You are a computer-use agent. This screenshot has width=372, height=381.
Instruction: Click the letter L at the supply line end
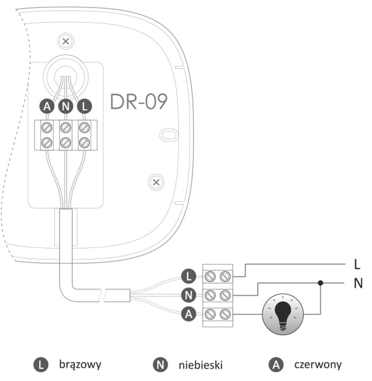(x=357, y=263)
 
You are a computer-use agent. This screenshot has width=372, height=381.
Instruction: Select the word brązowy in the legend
(x=80, y=365)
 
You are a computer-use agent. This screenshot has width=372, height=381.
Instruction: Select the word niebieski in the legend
(x=200, y=365)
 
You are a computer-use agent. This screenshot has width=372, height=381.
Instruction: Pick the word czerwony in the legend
(x=318, y=365)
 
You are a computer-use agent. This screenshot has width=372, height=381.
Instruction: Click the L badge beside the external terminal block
(x=188, y=276)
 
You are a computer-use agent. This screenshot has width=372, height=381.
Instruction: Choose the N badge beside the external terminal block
(x=188, y=295)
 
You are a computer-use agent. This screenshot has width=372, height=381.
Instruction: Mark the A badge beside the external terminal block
(x=188, y=314)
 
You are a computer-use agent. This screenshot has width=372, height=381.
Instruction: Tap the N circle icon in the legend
(x=159, y=365)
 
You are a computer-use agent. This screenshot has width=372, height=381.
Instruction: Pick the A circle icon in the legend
(x=275, y=365)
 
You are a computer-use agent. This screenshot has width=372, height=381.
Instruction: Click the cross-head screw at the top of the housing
(x=65, y=41)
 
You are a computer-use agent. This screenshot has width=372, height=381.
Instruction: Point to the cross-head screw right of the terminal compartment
(x=156, y=183)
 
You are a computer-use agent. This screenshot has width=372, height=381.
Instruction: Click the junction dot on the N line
(x=320, y=283)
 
